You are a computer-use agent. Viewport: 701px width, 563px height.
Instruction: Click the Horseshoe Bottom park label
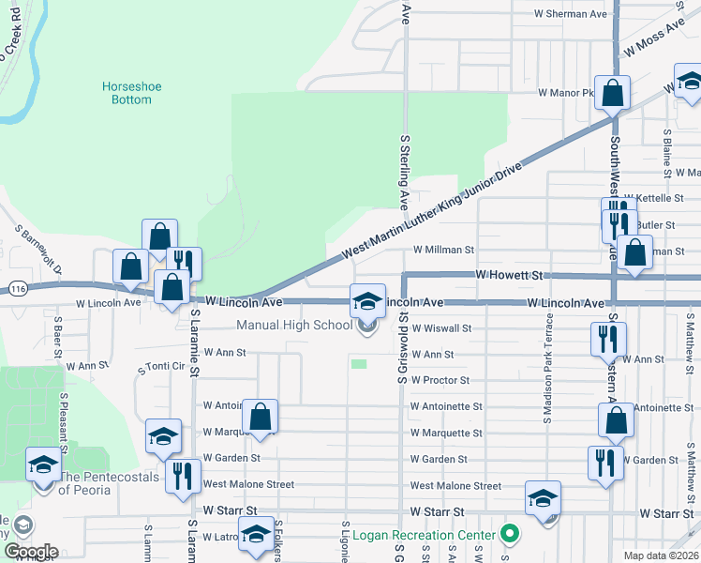tap(131, 94)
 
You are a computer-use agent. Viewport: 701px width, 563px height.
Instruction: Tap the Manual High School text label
tap(294, 326)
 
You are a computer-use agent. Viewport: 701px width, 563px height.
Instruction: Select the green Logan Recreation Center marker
tap(509, 535)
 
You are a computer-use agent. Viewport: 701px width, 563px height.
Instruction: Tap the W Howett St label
tap(510, 276)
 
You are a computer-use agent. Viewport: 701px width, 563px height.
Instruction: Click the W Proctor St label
tap(440, 381)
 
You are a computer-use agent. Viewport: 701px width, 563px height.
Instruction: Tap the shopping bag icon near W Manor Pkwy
tap(612, 94)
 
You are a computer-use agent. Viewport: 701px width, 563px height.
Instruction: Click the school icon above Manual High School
tap(367, 301)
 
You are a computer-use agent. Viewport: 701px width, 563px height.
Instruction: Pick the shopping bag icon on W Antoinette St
tap(260, 418)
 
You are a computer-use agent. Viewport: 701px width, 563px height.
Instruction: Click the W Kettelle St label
tap(668, 199)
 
